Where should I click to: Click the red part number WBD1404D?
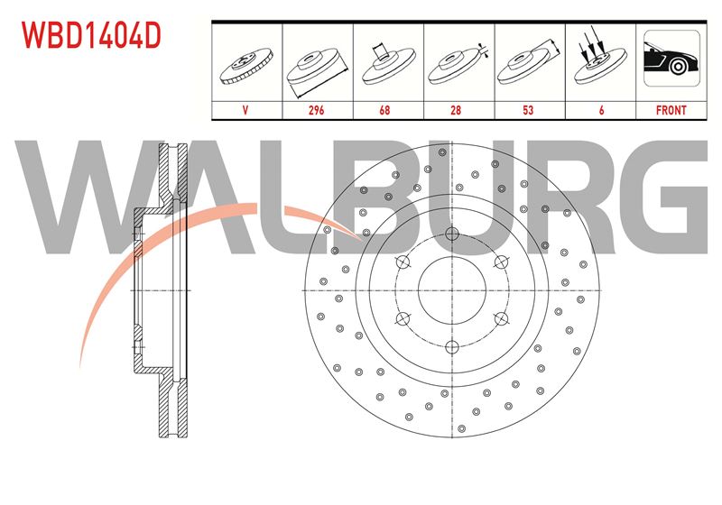point(91,35)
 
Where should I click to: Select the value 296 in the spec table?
point(317,110)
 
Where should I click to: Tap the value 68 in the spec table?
point(384,110)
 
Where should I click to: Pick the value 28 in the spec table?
point(456,110)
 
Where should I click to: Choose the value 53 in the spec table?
point(528,110)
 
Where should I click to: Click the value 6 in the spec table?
point(601,110)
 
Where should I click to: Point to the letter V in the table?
point(245,110)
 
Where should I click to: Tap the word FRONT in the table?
point(671,110)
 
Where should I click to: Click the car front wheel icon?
point(671,59)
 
